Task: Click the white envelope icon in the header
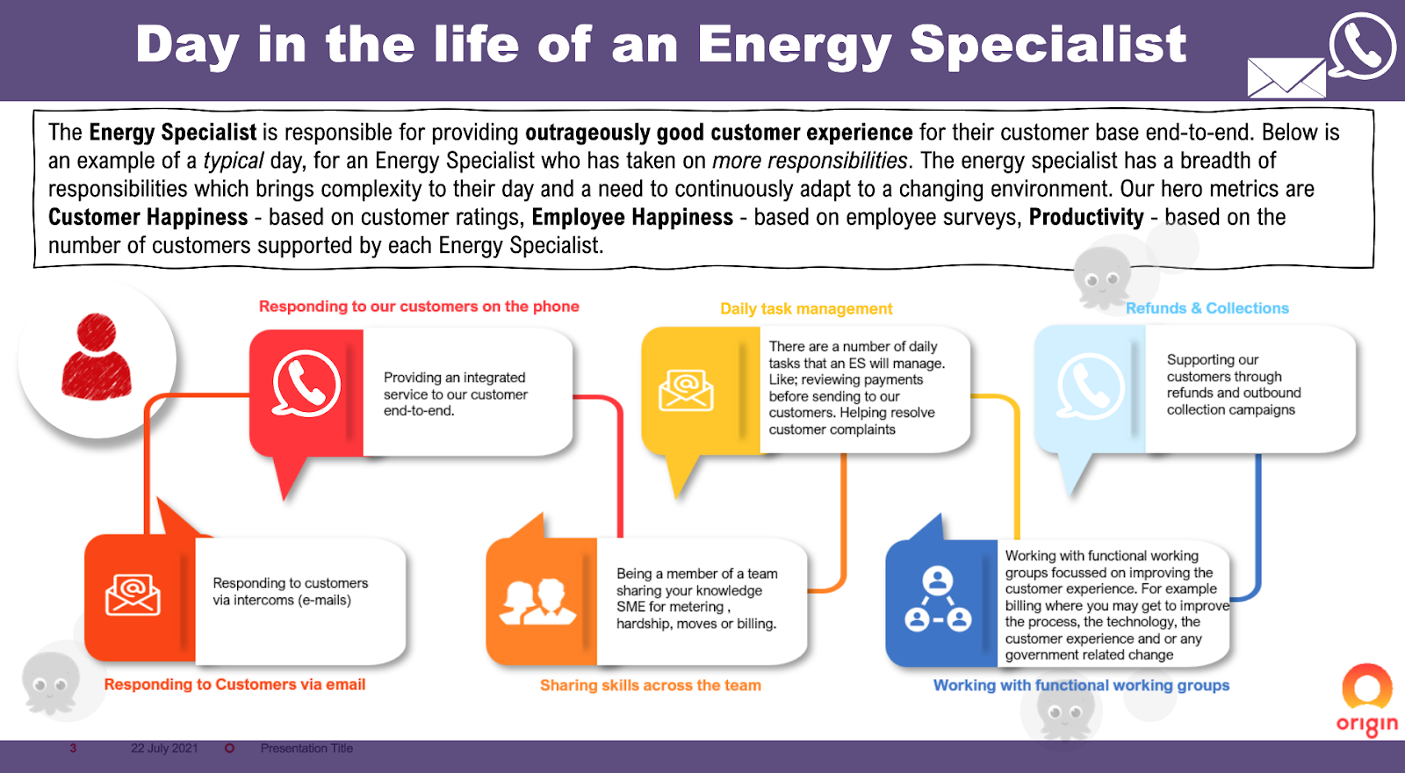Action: pos(1286,78)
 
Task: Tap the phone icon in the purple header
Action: pos(1361,46)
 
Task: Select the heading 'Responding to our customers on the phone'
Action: pos(419,307)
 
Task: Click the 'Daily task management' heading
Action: pos(806,308)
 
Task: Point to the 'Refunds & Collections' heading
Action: pos(1207,308)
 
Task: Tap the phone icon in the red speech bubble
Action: pos(306,383)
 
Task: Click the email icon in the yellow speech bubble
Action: pos(686,390)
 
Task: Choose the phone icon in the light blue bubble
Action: pos(1090,386)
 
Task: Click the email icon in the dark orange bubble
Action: pos(133,595)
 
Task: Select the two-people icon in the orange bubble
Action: pos(537,602)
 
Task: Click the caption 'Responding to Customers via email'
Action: pos(234,684)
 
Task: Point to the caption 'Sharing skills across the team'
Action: pos(651,685)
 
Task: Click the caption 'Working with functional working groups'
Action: pos(1081,685)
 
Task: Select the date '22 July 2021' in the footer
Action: pos(164,748)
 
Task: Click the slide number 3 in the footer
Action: pos(73,748)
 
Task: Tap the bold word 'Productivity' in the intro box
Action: pos(1086,217)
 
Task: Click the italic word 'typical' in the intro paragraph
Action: pos(234,162)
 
